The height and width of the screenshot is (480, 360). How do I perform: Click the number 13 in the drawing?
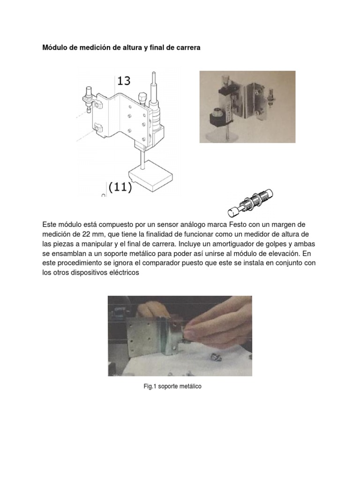tap(124, 81)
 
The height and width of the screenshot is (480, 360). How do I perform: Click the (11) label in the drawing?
tap(120, 187)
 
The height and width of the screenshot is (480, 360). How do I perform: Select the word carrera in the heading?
tap(187, 48)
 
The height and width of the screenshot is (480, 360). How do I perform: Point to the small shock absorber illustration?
tap(250, 201)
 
